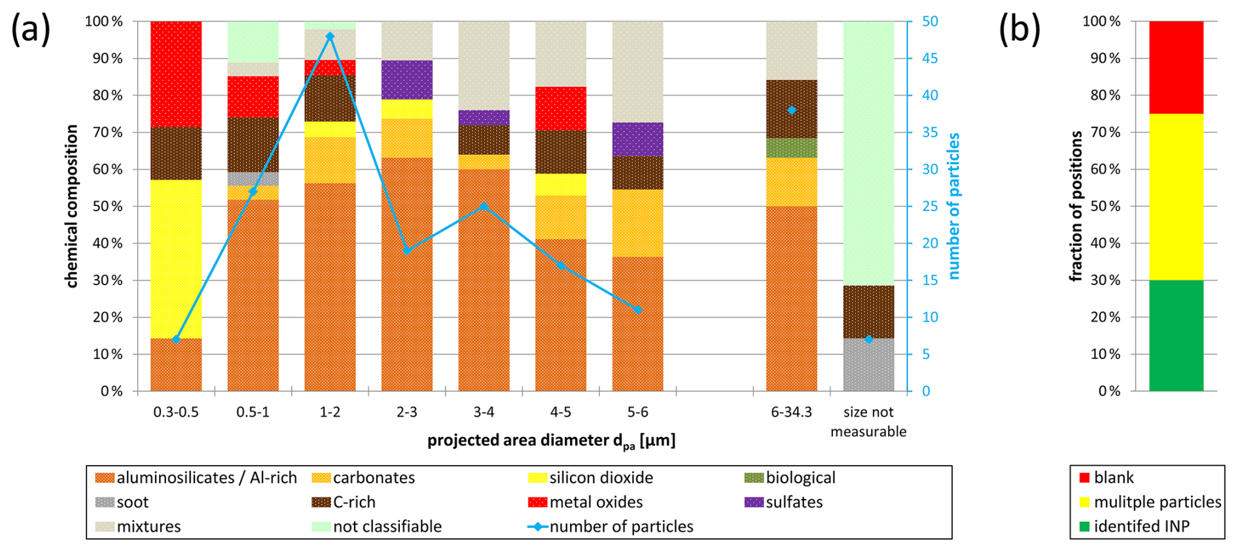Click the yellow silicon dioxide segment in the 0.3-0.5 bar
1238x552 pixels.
coord(176,258)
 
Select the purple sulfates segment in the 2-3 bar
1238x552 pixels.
coord(407,79)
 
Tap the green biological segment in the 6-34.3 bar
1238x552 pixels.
coord(792,148)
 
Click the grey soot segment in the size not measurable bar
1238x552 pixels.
coord(868,364)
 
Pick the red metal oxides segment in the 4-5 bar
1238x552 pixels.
coord(561,109)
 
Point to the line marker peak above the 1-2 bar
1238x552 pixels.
coord(330,37)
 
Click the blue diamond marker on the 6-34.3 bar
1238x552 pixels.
coord(792,110)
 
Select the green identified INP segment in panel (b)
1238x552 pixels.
coord(1176,336)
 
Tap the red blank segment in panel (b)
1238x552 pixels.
coord(1176,67)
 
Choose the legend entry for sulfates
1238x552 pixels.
coord(794,502)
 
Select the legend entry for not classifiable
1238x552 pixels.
coord(387,526)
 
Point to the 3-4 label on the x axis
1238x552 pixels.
coord(484,412)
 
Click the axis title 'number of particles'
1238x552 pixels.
coord(954,206)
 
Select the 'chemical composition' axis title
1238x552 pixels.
coord(71,206)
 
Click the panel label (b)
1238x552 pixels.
coord(1019,30)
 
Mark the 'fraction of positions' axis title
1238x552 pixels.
coord(1075,206)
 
